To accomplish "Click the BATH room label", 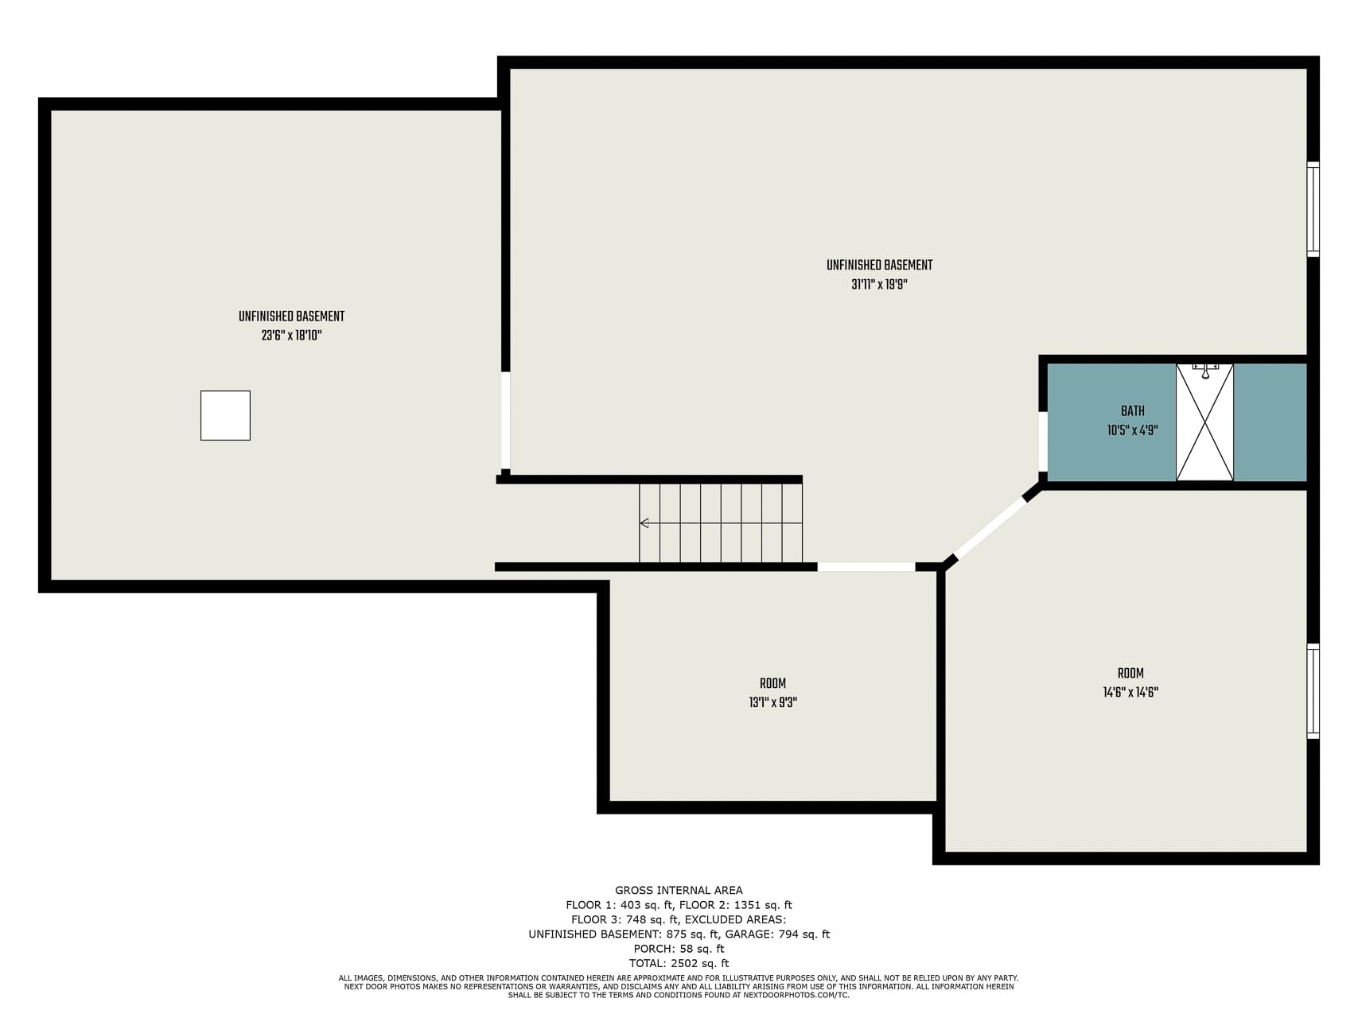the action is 1132,411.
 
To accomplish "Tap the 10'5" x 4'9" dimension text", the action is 1132,430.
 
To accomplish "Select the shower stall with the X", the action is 1204,422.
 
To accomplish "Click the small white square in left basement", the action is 225,415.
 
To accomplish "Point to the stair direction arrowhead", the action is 644,523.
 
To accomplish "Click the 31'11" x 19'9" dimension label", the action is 879,285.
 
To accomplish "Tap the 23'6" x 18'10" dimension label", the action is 291,336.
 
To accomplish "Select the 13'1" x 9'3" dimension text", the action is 772,702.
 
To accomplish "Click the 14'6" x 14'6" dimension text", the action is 1130,692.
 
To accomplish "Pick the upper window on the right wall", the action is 1313,209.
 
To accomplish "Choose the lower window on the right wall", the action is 1313,691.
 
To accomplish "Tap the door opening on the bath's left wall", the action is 1043,442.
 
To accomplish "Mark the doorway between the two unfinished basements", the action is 505,421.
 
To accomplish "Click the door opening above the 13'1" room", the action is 866,567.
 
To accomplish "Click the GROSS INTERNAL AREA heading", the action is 679,891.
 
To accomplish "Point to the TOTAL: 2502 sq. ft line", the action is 679,963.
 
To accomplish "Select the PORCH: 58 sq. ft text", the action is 679,949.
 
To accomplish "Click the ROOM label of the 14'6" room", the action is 1130,673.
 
